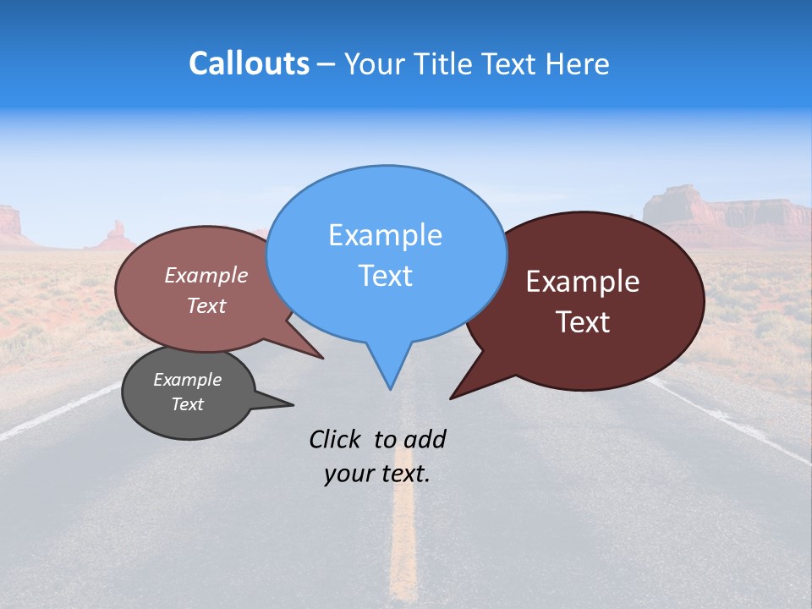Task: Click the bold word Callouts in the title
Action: [x=249, y=63]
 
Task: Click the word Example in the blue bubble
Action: [x=385, y=235]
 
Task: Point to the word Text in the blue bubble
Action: [x=385, y=276]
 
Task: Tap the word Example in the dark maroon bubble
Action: [x=583, y=282]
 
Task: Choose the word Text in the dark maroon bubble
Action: [x=583, y=322]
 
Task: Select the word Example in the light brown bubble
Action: [x=206, y=275]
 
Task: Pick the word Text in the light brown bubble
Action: [x=206, y=305]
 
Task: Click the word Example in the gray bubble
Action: [x=187, y=380]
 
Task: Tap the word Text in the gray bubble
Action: [x=187, y=404]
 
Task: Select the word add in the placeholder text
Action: [x=425, y=439]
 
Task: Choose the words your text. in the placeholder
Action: [x=377, y=474]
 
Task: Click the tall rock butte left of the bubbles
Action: [x=116, y=235]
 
